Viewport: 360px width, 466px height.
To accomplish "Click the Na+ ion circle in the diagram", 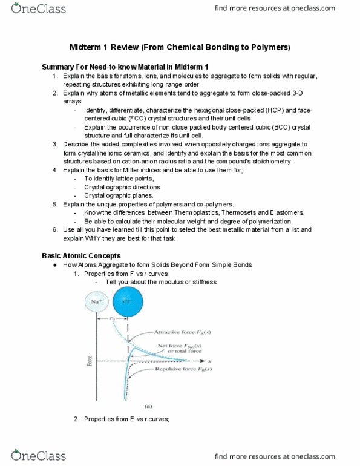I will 93,301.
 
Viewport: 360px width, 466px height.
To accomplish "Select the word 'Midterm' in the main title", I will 98,47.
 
